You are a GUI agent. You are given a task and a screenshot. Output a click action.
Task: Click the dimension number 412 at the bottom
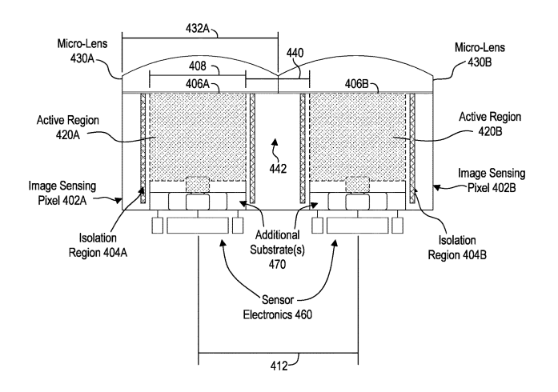click(x=278, y=369)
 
